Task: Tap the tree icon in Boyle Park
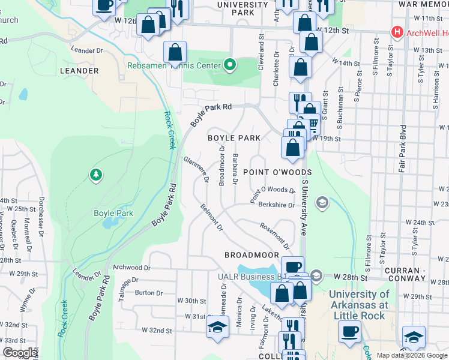click(95, 175)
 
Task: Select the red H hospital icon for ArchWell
click(396, 31)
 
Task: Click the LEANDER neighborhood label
click(79, 71)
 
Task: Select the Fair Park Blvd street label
click(403, 149)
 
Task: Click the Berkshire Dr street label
click(277, 205)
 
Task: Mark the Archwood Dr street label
click(131, 268)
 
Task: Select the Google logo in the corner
click(20, 353)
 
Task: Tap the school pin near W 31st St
click(217, 328)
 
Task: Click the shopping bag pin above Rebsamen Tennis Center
click(175, 52)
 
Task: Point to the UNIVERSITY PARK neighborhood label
click(243, 8)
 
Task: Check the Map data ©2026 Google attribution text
click(412, 355)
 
